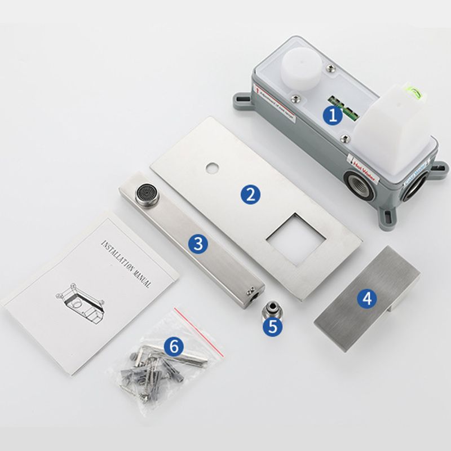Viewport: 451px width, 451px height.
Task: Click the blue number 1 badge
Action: coord(333,116)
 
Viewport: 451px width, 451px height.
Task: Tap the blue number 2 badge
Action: coord(250,194)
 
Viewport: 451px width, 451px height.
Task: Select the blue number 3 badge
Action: coord(197,244)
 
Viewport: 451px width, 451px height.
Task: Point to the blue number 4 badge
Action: coord(368,298)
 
